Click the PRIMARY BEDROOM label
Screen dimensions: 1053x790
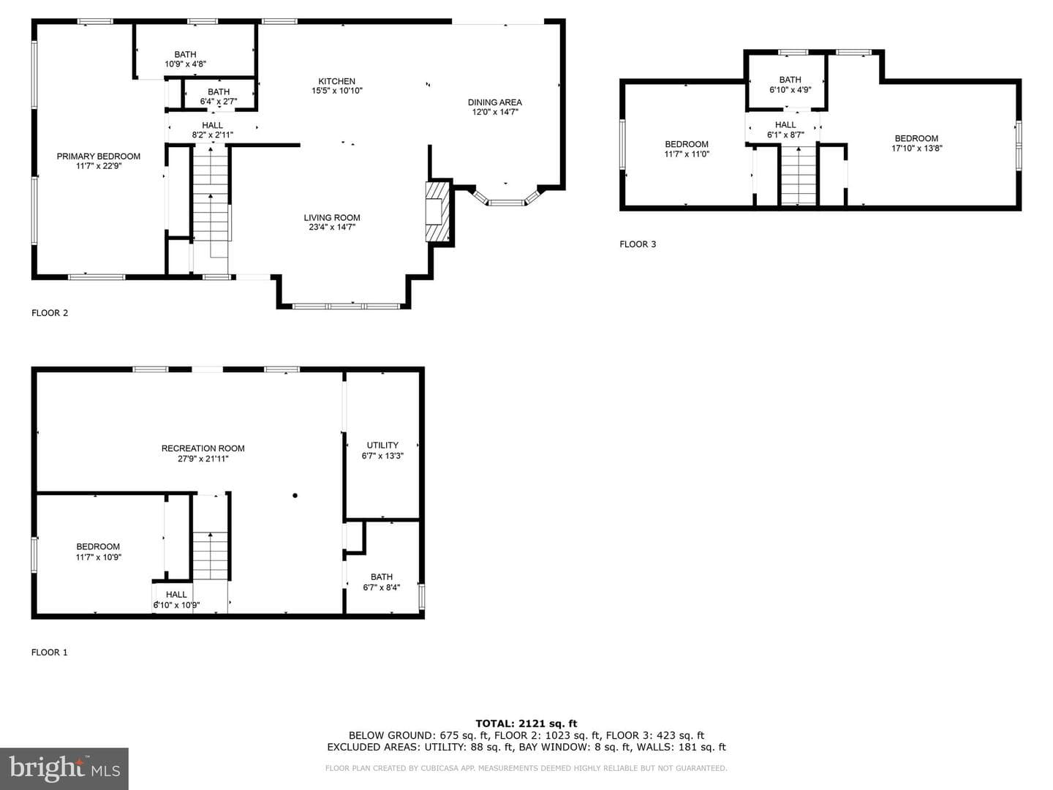click(x=98, y=157)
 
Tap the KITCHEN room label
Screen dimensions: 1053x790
click(x=337, y=81)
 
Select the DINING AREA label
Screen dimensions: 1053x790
click(x=494, y=102)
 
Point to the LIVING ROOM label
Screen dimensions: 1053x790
click(x=332, y=217)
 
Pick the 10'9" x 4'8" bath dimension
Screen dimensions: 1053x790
click(x=185, y=64)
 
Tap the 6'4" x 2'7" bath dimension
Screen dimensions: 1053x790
click(x=218, y=101)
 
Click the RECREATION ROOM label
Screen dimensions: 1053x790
click(x=203, y=448)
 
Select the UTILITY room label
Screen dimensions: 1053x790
click(x=382, y=445)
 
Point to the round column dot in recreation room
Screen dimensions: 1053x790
click(x=295, y=495)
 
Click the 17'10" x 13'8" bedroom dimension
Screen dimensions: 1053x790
click(x=917, y=148)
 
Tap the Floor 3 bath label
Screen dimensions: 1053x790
click(x=790, y=80)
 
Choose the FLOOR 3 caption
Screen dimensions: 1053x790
click(x=638, y=244)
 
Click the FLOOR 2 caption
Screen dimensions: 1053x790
click(x=50, y=313)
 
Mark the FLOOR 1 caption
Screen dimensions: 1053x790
click(x=50, y=652)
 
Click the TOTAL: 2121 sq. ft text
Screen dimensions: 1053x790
click(x=526, y=723)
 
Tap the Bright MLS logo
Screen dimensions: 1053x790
click(x=64, y=769)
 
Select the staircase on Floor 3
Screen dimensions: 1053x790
click(x=799, y=176)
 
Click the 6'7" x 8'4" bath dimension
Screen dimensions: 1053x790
click(x=382, y=587)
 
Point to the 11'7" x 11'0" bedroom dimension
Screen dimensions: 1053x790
click(x=687, y=154)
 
